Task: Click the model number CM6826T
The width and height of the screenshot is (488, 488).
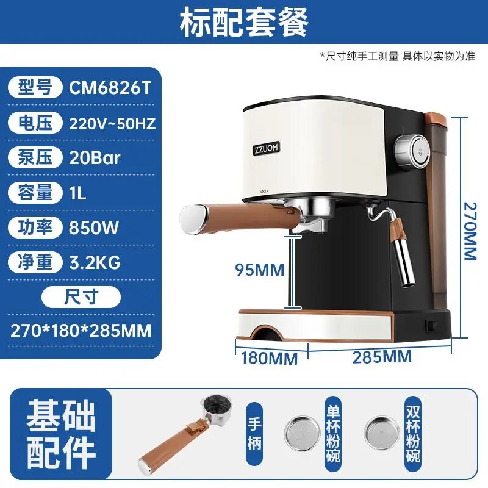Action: [x=110, y=88]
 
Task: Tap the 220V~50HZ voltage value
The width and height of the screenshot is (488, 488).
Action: [x=112, y=124]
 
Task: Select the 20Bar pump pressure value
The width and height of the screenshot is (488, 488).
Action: [x=95, y=158]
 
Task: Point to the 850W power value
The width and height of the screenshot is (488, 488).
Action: [x=94, y=228]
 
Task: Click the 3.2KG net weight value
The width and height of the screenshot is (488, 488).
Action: [x=95, y=262]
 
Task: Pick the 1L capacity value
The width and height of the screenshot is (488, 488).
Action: [x=77, y=193]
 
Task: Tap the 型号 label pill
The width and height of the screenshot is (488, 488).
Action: [x=35, y=87]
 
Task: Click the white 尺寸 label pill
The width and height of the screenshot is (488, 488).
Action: [x=81, y=297]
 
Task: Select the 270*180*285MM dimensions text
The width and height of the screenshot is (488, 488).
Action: [x=81, y=331]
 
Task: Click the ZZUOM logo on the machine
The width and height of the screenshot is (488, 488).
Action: [x=266, y=148]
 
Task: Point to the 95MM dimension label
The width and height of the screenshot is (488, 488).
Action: [x=260, y=270]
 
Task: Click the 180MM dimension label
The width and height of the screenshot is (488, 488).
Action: [x=269, y=358]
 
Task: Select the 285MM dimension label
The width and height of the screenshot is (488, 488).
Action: [x=382, y=357]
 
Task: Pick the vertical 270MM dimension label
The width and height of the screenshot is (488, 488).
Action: [x=470, y=231]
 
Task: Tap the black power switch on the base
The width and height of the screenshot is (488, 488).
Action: [x=431, y=326]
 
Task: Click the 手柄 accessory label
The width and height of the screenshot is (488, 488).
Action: [x=254, y=433]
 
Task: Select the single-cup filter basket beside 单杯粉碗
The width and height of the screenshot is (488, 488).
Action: [x=302, y=432]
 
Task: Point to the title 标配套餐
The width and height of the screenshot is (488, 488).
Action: [x=244, y=22]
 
